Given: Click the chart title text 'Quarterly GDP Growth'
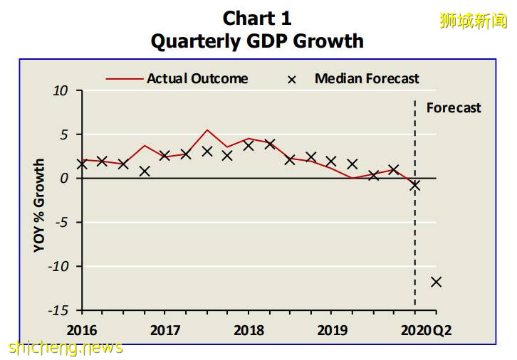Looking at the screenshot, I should pyautogui.click(x=257, y=41).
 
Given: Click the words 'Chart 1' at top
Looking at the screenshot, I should pyautogui.click(x=257, y=18).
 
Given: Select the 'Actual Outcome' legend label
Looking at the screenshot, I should pyautogui.click(x=197, y=78).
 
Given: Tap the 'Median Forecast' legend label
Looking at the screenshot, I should pyautogui.click(x=367, y=78).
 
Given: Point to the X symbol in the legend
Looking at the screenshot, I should pyautogui.click(x=291, y=79).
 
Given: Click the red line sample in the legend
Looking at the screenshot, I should pyautogui.click(x=125, y=79).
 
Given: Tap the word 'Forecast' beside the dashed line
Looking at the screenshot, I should pyautogui.click(x=454, y=108).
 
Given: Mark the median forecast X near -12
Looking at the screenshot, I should pyautogui.click(x=436, y=282).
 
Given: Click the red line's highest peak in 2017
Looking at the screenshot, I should pyautogui.click(x=207, y=130).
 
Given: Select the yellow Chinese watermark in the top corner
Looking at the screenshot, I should pyautogui.click(x=473, y=21).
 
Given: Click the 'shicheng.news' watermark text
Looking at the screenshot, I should pyautogui.click(x=66, y=348).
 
